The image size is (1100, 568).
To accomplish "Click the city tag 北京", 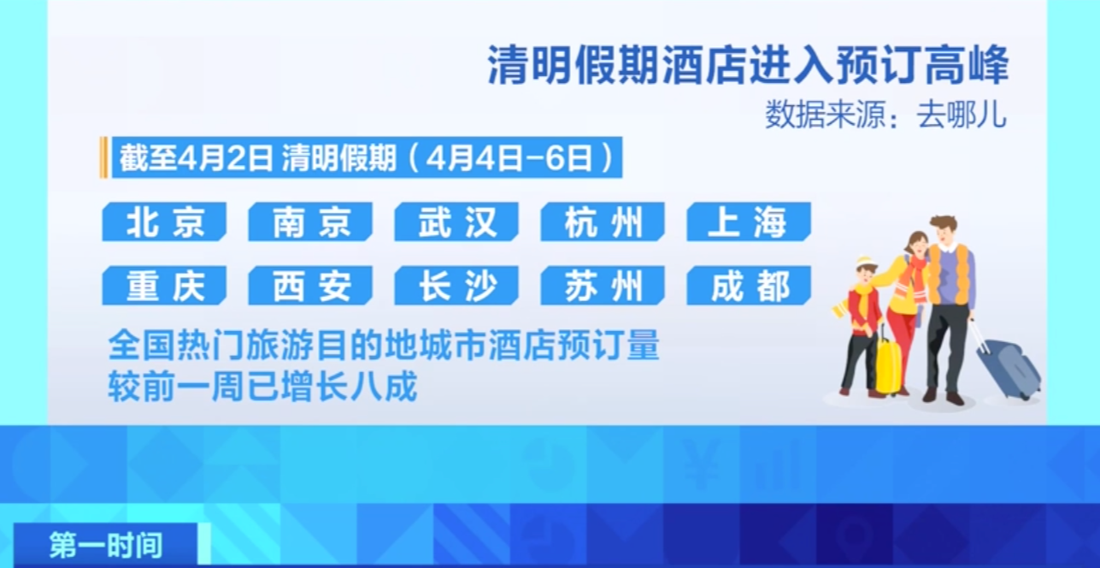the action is tap(164, 222).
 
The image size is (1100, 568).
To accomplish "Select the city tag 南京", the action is tap(310, 222).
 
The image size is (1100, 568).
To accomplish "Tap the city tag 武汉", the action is tap(456, 222).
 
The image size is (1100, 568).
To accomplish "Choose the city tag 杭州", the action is tap(603, 222).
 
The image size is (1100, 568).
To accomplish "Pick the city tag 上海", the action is tap(749, 222).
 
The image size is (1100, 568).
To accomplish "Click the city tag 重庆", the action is tap(164, 286).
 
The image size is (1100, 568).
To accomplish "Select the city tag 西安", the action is tap(310, 286).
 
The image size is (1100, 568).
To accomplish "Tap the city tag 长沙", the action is tap(456, 286).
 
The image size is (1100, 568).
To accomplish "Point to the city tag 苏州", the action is tap(603, 286).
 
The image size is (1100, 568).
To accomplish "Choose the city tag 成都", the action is tap(749, 286).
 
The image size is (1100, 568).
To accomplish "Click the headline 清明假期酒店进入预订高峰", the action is tap(748, 65).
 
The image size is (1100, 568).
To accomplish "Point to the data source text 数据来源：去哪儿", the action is tap(885, 115).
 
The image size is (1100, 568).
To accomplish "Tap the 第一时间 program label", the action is tap(106, 545).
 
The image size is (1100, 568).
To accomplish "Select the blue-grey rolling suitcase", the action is tap(1007, 366).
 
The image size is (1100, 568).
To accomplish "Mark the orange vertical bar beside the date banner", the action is tap(103, 157).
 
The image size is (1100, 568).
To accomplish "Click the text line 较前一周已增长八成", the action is tap(262, 386).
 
